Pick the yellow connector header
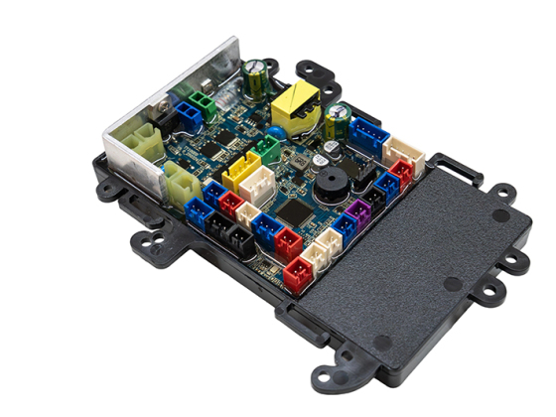pyautogui.click(x=241, y=176)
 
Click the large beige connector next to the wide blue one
pyautogui.click(x=404, y=151)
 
